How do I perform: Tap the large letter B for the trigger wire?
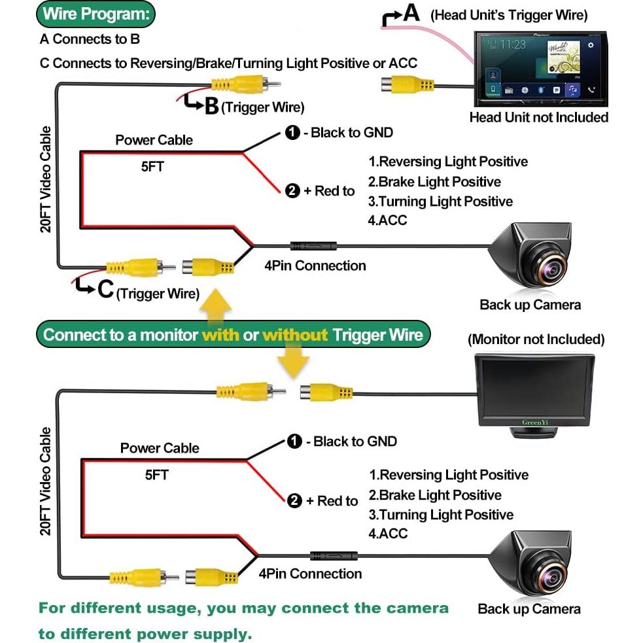[211, 106]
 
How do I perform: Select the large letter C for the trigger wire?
[105, 290]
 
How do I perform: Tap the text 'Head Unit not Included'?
[538, 117]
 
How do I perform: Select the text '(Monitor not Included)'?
[536, 339]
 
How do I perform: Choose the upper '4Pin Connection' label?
[315, 266]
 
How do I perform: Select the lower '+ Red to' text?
[337, 501]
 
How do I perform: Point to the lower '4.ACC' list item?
[389, 534]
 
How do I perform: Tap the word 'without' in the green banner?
[294, 336]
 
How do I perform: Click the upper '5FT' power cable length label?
[152, 167]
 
